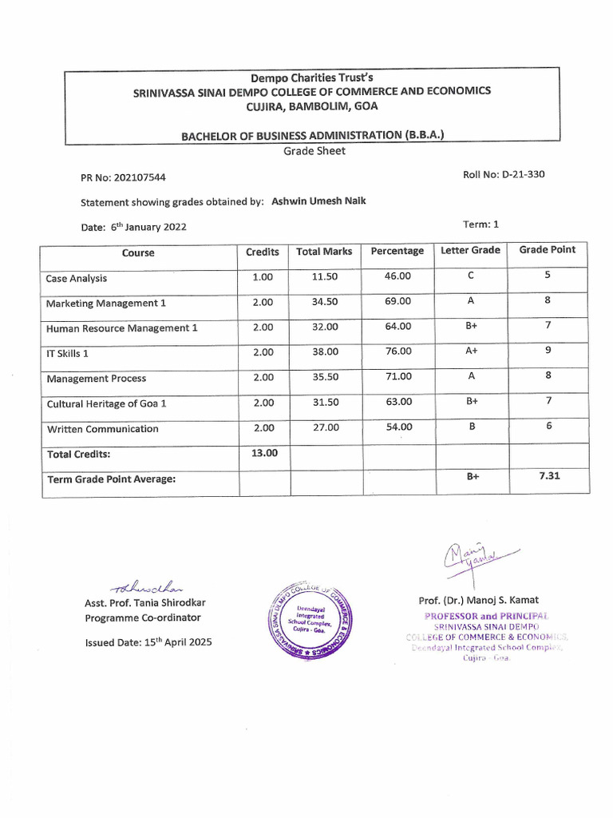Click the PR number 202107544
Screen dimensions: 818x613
pyautogui.click(x=140, y=178)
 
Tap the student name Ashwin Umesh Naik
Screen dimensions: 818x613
pyautogui.click(x=319, y=201)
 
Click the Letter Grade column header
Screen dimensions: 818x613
pyautogui.click(x=470, y=250)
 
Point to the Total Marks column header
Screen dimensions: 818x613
pyautogui.click(x=324, y=252)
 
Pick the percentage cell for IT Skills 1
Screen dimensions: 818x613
pyautogui.click(x=398, y=351)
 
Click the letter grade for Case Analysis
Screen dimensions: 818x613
pyautogui.click(x=471, y=276)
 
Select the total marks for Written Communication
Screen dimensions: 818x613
pyautogui.click(x=325, y=427)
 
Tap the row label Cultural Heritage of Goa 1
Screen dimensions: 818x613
pyautogui.click(x=106, y=403)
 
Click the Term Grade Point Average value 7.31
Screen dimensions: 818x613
pyautogui.click(x=548, y=476)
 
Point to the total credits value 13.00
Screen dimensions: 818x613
pyautogui.click(x=264, y=453)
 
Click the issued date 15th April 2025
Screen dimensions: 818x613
pyautogui.click(x=148, y=642)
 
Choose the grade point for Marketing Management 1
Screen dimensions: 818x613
pyautogui.click(x=548, y=300)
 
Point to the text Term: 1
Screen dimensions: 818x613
pyautogui.click(x=481, y=224)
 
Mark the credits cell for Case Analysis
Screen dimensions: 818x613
pyautogui.click(x=263, y=277)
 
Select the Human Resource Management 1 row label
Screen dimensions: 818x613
pyautogui.click(x=121, y=328)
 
